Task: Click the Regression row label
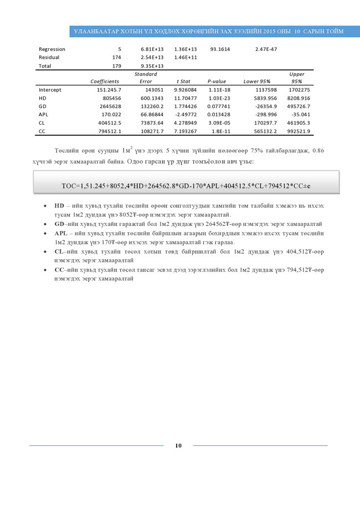tap(52, 49)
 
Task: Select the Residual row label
tap(49, 57)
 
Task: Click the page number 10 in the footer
tap(178, 445)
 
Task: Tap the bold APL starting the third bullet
tap(60, 233)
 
